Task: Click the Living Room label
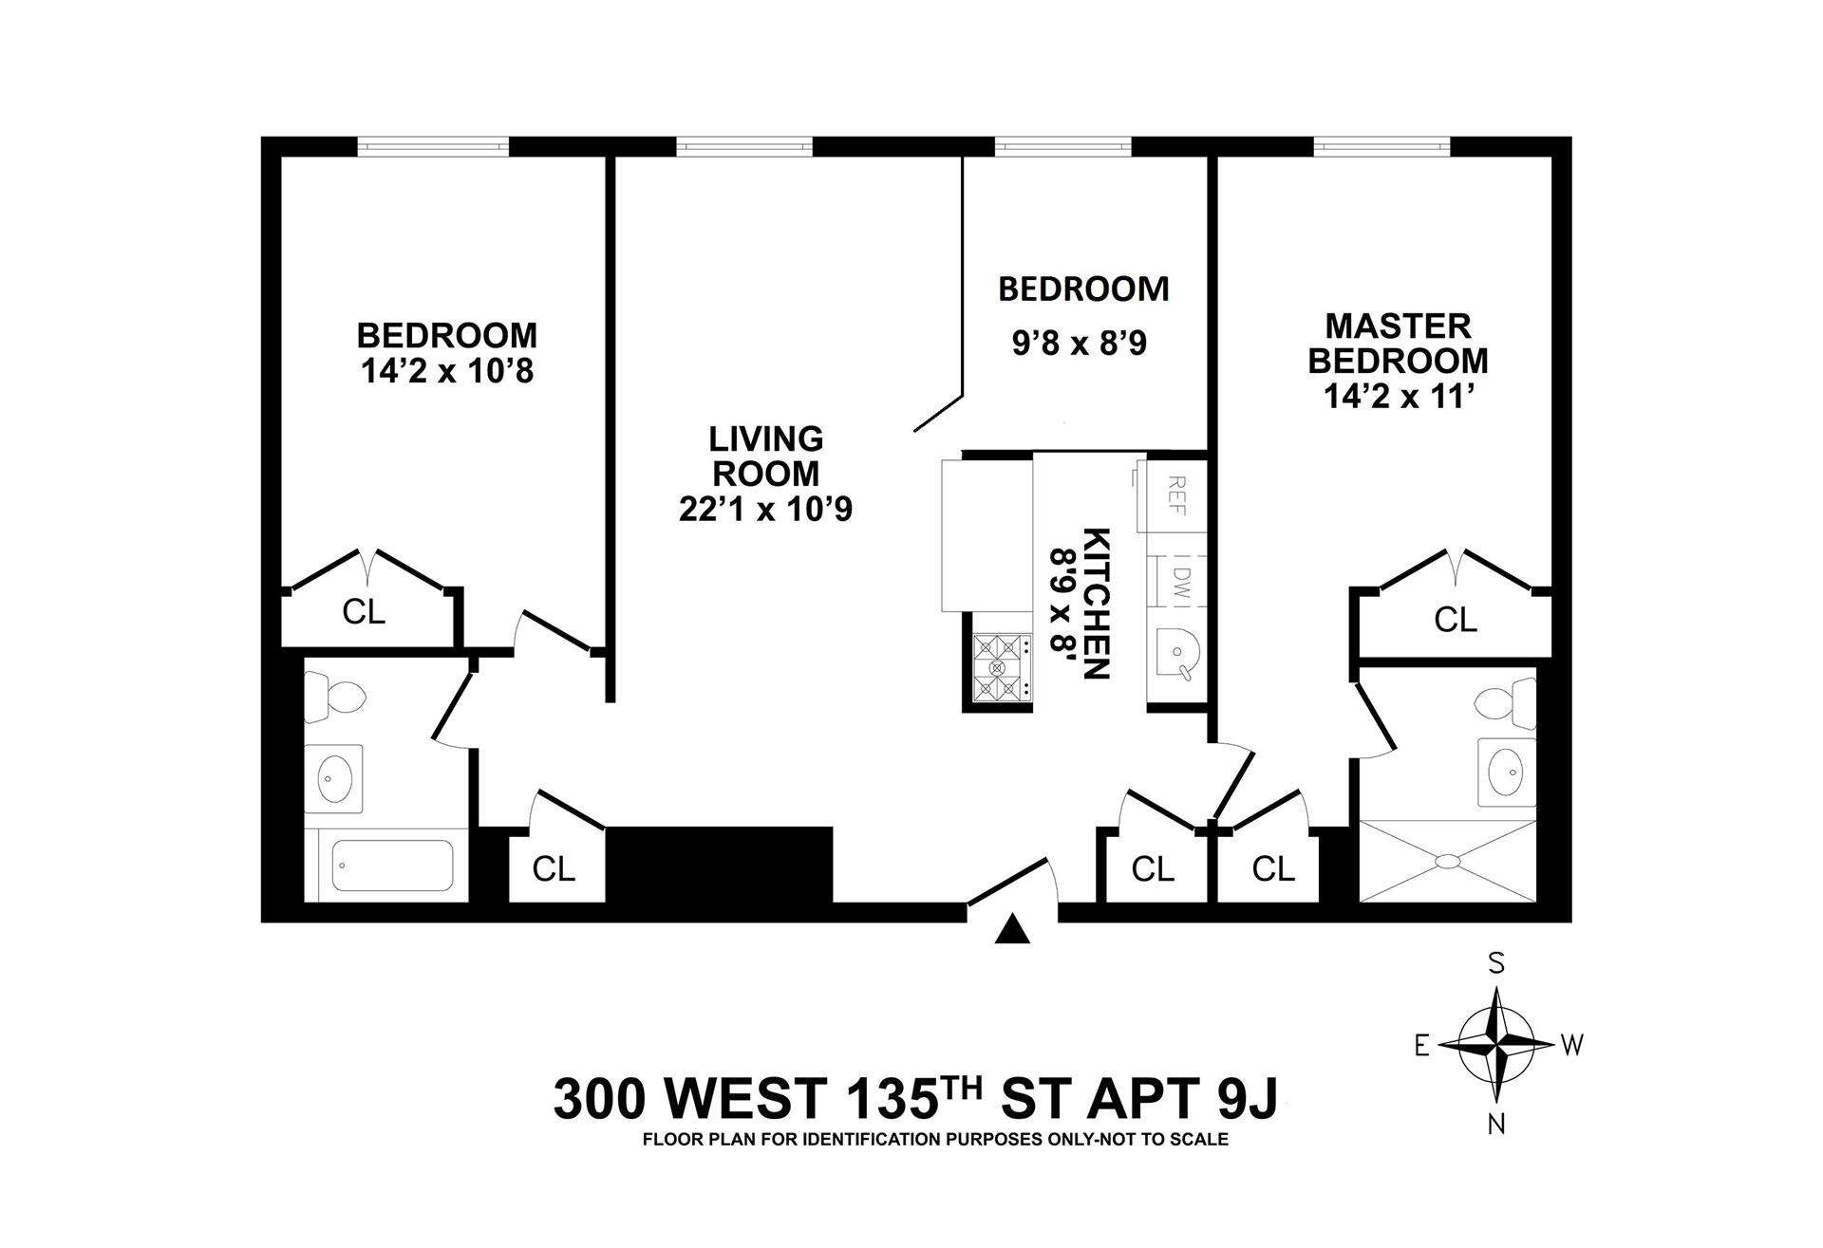[x=765, y=456]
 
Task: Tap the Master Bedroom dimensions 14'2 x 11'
[x=1398, y=395]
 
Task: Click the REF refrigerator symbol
[x=1175, y=494]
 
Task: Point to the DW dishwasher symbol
[x=1177, y=580]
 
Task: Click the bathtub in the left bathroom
[x=392, y=866]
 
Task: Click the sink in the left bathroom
[x=333, y=778]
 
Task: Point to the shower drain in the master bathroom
[x=1447, y=861]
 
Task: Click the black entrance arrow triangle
[x=1012, y=929]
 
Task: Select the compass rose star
[x=1497, y=1045]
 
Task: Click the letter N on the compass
[x=1496, y=1125]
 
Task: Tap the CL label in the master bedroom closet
[x=1456, y=620]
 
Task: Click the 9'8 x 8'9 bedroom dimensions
[x=1080, y=343]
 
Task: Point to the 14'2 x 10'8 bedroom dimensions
[x=447, y=371]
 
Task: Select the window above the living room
[x=745, y=146]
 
